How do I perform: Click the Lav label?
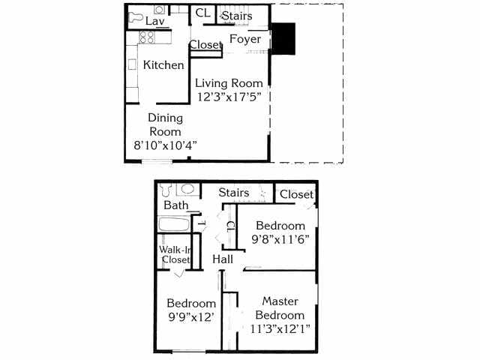[155, 22]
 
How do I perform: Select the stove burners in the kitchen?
[144, 37]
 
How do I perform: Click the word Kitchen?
[163, 65]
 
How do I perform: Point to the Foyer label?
[245, 39]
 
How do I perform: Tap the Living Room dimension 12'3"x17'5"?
[229, 97]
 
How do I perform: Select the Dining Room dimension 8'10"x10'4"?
[166, 144]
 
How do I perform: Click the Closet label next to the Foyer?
[205, 45]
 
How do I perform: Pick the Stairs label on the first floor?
[237, 15]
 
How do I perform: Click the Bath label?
[176, 205]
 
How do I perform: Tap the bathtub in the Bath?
[175, 224]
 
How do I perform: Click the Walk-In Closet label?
[175, 255]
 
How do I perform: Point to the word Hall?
[223, 259]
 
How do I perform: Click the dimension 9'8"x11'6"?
[280, 241]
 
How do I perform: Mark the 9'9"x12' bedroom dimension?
[191, 317]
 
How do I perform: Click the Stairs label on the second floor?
[233, 193]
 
